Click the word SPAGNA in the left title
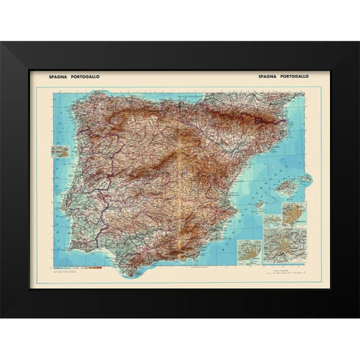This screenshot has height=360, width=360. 58,76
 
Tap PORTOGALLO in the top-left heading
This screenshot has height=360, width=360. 86,76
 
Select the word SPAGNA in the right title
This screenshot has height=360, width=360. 268,76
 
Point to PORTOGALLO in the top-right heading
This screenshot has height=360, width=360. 297,76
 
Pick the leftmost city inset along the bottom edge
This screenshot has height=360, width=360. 247,250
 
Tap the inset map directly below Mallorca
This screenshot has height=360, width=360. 290,211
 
